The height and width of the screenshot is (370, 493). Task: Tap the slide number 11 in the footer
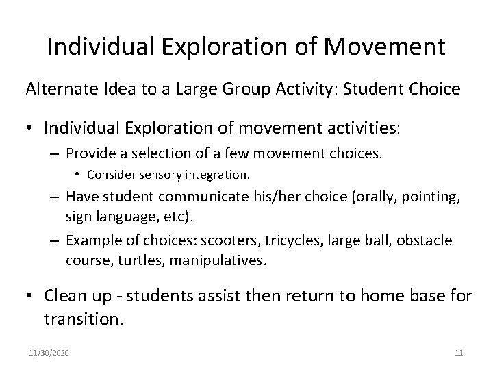pyautogui.click(x=459, y=353)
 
